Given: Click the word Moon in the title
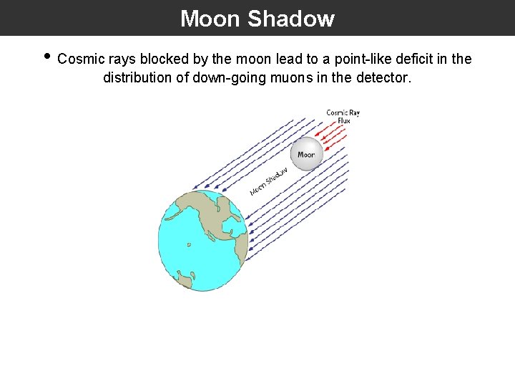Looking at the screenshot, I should (x=210, y=19).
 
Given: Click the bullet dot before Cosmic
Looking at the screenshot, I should (x=46, y=57).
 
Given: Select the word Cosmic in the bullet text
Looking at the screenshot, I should (x=81, y=59).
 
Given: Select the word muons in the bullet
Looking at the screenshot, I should (x=295, y=77).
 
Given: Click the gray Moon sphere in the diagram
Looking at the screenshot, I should (x=306, y=153).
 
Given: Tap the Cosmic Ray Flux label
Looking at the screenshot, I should (x=343, y=116).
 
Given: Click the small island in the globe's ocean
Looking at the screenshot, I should (x=188, y=244).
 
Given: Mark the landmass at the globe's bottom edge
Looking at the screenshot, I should (x=185, y=279).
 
